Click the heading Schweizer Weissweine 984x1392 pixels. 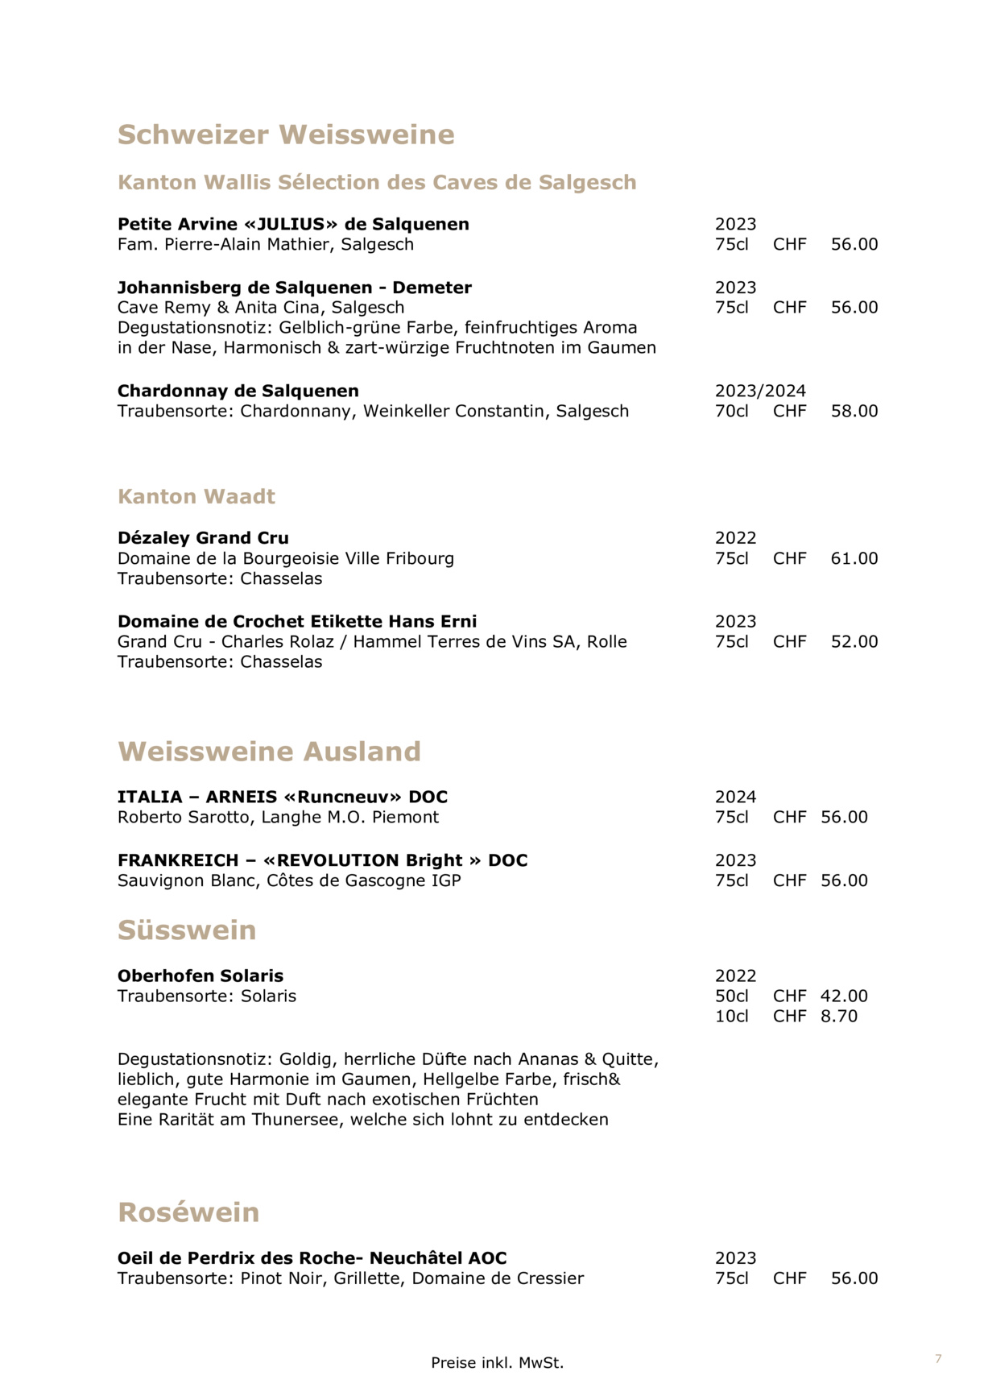[x=286, y=135]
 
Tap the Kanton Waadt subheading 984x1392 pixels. [x=196, y=496]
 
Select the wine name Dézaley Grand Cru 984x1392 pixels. [x=203, y=538]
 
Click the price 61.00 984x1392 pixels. [x=854, y=558]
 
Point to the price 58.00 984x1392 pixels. [x=854, y=411]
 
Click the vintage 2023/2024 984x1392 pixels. [x=760, y=391]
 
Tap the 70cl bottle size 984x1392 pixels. [x=731, y=411]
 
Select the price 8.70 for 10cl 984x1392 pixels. [x=839, y=1016]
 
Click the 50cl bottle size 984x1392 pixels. [x=731, y=996]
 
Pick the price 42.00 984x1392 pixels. [x=844, y=996]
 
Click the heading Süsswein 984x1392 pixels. [x=187, y=930]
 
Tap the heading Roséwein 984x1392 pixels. [x=188, y=1212]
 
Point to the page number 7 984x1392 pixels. [x=938, y=1359]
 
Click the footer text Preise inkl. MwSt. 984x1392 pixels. [x=497, y=1363]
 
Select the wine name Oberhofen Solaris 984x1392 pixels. [x=201, y=976]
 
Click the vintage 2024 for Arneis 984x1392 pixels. [x=735, y=797]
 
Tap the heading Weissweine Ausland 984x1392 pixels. [x=269, y=752]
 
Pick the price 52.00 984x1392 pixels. [x=854, y=641]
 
